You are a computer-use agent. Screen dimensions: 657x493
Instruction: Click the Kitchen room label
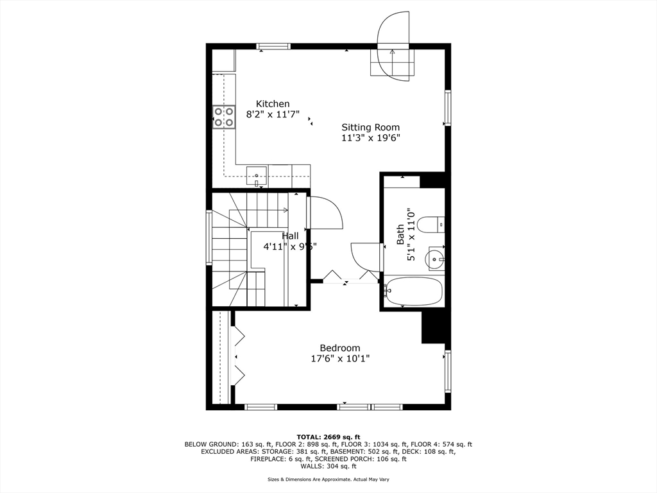(x=273, y=103)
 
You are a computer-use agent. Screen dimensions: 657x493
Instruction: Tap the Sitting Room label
(x=370, y=127)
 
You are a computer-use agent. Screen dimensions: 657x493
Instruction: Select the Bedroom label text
(x=340, y=348)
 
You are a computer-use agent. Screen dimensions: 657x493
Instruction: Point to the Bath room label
(x=400, y=234)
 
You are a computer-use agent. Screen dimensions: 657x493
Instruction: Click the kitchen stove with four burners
(x=223, y=117)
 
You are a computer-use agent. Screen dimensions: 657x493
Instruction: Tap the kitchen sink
(x=257, y=177)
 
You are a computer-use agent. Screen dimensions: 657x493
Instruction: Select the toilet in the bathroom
(x=431, y=224)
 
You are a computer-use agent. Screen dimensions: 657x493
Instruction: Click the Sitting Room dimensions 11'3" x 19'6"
(x=370, y=138)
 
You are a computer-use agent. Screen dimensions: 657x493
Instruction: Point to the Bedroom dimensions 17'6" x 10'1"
(x=340, y=359)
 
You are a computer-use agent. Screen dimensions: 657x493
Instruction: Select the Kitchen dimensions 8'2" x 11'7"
(x=273, y=114)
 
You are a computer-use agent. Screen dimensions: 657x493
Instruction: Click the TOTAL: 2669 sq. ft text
(x=328, y=437)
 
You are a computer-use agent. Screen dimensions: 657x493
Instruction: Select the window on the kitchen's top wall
(x=273, y=46)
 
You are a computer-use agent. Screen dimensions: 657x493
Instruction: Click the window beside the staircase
(x=209, y=238)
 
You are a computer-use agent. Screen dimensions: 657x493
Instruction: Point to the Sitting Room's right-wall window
(x=448, y=107)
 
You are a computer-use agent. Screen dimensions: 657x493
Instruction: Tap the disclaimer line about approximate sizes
(x=328, y=479)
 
